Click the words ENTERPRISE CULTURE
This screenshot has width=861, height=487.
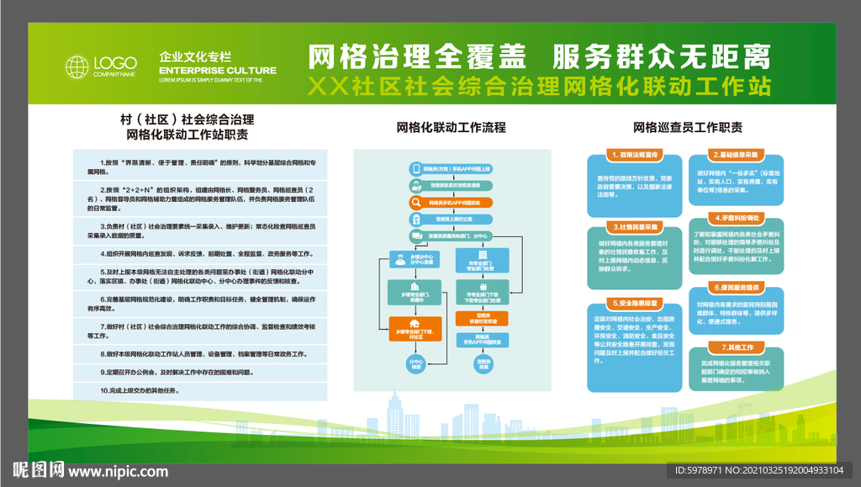pyautogui.click(x=217, y=71)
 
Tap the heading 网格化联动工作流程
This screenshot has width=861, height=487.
pyautogui.click(x=452, y=128)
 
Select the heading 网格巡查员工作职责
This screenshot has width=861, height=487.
pyautogui.click(x=688, y=128)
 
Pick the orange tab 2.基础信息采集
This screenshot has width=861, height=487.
pyautogui.click(x=737, y=156)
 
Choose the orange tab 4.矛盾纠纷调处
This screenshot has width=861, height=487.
pyautogui.click(x=737, y=217)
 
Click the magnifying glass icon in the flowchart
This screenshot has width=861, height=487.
pyautogui.click(x=417, y=203)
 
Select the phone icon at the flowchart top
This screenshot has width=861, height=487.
pyautogui.click(x=417, y=168)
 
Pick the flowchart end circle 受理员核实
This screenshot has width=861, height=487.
pyautogui.click(x=483, y=364)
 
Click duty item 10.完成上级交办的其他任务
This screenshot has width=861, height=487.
pyautogui.click(x=140, y=390)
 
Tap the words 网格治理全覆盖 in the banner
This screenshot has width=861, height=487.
pyautogui.click(x=417, y=56)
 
